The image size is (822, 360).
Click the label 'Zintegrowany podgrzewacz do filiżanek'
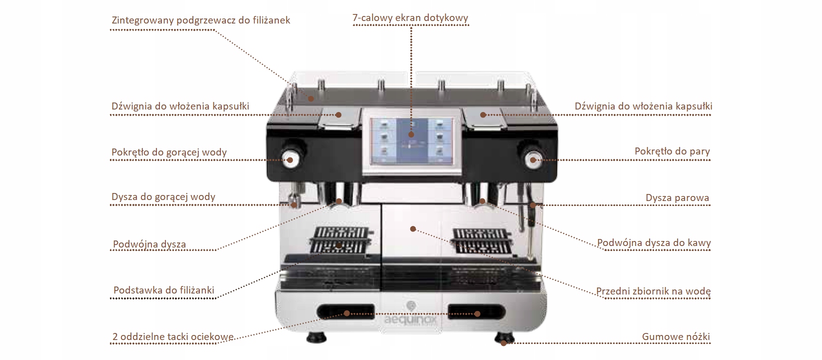[x=201, y=20]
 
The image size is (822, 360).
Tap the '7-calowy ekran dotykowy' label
[x=410, y=18]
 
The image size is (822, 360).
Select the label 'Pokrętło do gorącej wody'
[x=169, y=152]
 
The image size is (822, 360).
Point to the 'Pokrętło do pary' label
[x=672, y=151]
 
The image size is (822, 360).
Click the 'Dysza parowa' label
[x=677, y=198]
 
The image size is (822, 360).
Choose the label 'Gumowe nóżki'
[x=676, y=336]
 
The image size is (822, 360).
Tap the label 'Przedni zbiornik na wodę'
[x=653, y=291]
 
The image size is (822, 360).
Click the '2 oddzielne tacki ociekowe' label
[x=173, y=337]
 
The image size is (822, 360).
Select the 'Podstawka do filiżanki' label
[x=164, y=290]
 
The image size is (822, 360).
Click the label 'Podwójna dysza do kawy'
[x=654, y=243]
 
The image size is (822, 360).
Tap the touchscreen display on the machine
[x=411, y=140]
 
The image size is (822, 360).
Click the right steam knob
[x=531, y=159]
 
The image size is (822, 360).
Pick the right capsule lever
[x=483, y=118]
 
